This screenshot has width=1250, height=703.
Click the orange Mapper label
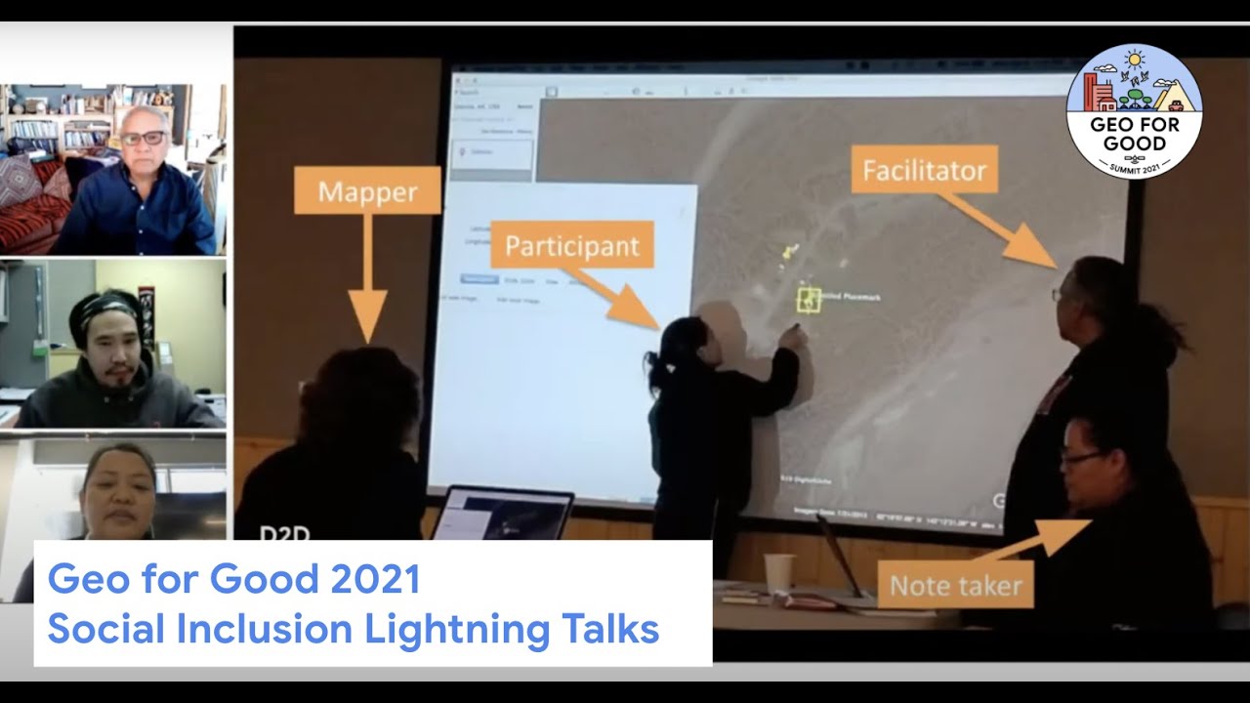(367, 190)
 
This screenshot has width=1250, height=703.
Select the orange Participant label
(571, 245)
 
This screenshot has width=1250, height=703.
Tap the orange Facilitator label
(925, 171)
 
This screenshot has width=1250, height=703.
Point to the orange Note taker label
(955, 586)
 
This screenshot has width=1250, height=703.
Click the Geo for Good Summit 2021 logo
(1134, 111)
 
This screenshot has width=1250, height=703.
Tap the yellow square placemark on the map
(809, 299)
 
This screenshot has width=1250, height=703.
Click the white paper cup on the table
(779, 573)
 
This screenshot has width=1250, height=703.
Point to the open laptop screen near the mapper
(503, 515)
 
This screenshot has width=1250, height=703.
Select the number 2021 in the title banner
(375, 580)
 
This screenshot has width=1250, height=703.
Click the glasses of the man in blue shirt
(144, 138)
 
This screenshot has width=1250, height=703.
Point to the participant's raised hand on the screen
(794, 336)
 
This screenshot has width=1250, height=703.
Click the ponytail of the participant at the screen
(654, 372)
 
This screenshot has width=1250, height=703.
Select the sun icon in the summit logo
(1134, 60)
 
